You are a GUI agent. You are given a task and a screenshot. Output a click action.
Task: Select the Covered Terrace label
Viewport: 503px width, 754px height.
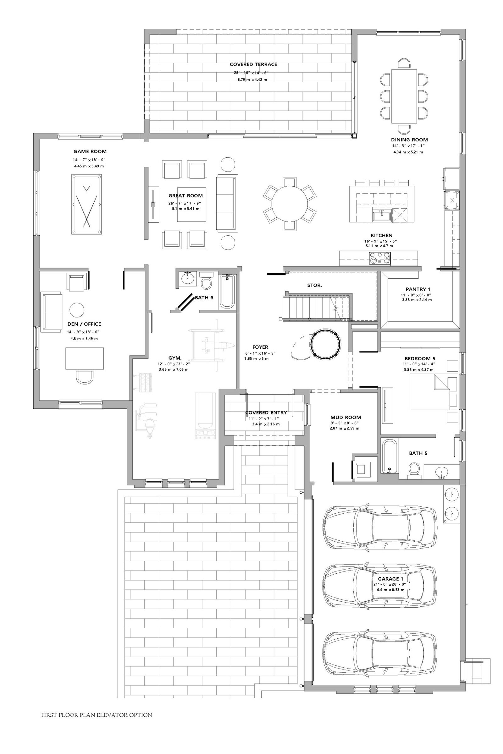(x=253, y=64)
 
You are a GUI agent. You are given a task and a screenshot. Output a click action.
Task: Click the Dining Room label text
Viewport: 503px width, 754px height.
(x=409, y=140)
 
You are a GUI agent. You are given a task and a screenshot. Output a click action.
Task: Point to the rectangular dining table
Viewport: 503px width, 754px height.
(x=404, y=96)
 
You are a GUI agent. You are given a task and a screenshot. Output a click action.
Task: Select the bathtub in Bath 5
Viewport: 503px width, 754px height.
(x=390, y=456)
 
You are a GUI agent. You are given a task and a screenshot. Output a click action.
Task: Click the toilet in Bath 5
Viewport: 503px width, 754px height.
(x=414, y=471)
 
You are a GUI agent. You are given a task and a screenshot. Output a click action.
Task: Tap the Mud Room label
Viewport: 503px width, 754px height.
(x=346, y=418)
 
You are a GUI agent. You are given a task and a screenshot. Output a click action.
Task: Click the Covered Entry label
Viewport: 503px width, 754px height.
(x=266, y=413)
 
